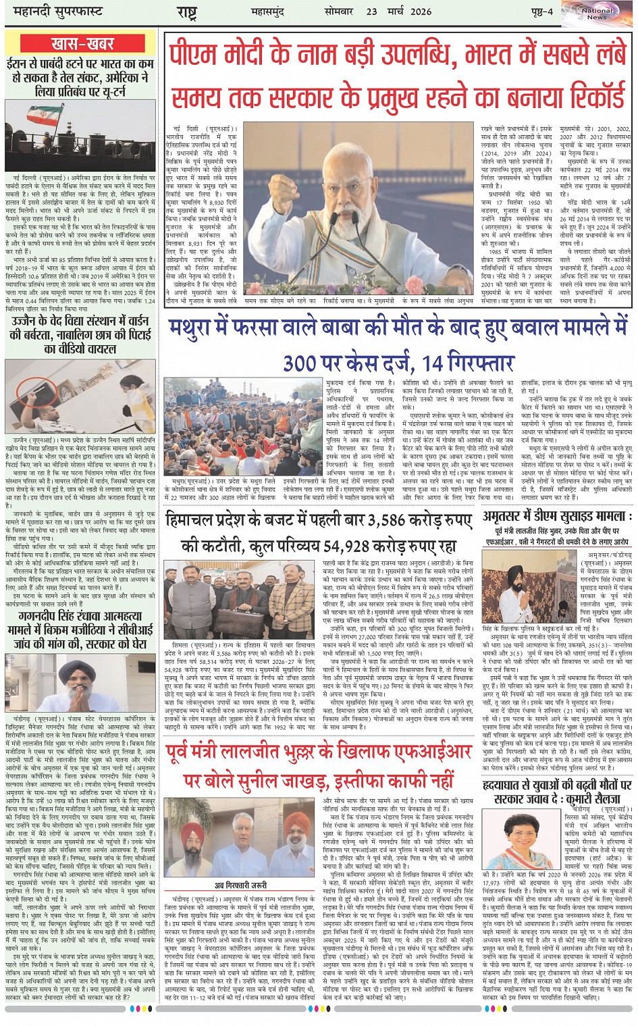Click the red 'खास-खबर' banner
coord(82,45)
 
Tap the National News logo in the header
coord(597,14)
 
